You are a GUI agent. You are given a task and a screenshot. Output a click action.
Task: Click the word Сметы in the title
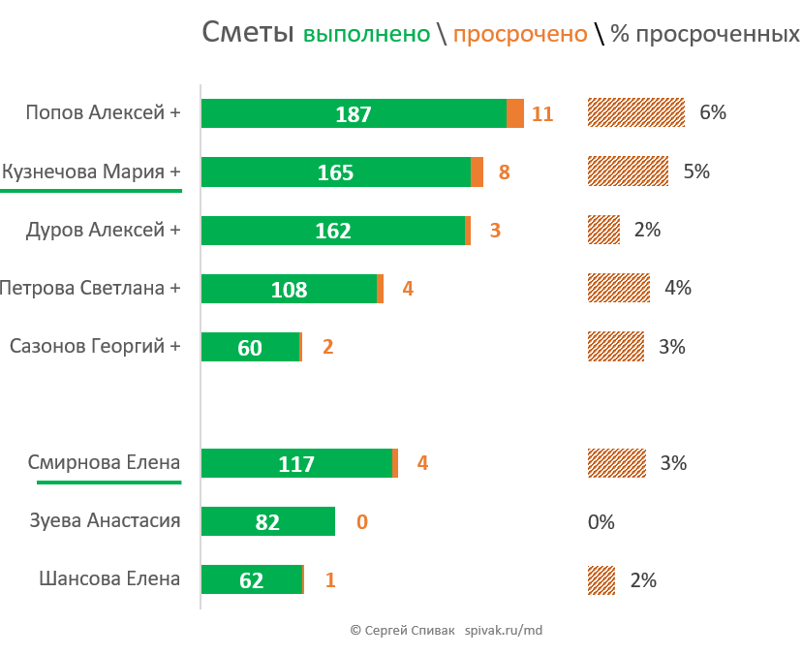click(x=247, y=33)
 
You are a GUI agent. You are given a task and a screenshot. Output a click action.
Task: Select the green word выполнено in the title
click(x=366, y=34)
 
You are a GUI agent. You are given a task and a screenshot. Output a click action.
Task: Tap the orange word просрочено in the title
click(x=520, y=34)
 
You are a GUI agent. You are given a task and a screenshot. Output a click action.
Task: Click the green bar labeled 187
click(x=354, y=113)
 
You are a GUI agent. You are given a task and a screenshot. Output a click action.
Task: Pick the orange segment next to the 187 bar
click(x=515, y=113)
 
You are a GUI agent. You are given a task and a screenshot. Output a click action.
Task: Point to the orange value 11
click(x=542, y=114)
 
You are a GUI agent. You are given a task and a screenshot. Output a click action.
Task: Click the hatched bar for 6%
click(x=636, y=113)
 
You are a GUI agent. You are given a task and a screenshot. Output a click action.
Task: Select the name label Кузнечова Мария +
click(x=91, y=172)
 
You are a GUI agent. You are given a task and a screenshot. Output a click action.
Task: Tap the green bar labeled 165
click(x=335, y=172)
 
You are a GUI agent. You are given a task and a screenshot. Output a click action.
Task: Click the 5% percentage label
click(x=696, y=172)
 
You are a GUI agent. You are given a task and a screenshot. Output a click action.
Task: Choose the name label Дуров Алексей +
click(x=103, y=230)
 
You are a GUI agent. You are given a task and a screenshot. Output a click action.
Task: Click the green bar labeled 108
click(x=289, y=289)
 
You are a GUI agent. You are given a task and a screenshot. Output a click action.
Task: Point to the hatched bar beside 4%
click(x=619, y=288)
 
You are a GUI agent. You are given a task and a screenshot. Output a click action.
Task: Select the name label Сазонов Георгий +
click(x=95, y=346)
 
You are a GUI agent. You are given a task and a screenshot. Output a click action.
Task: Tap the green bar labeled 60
click(x=250, y=347)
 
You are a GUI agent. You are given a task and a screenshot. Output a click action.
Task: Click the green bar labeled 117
click(x=296, y=463)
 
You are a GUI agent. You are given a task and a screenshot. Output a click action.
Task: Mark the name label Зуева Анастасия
click(x=105, y=520)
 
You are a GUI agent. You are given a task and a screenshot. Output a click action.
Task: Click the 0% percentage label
click(x=601, y=522)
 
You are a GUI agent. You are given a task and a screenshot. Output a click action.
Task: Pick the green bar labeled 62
click(x=251, y=580)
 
